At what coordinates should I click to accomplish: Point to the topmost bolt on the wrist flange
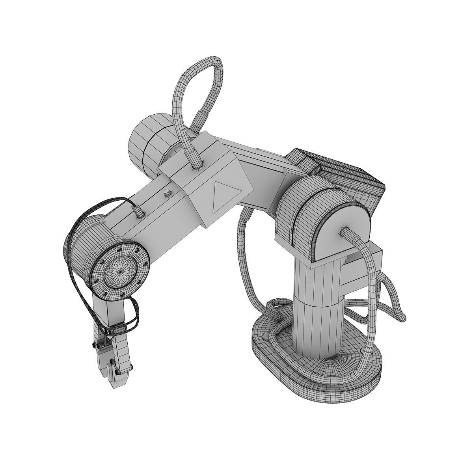click(x=118, y=250)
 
